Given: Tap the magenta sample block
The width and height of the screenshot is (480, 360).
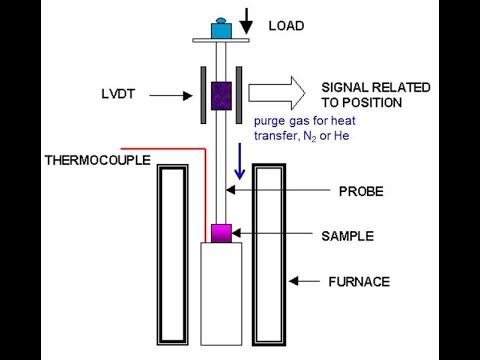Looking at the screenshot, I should (x=220, y=233).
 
